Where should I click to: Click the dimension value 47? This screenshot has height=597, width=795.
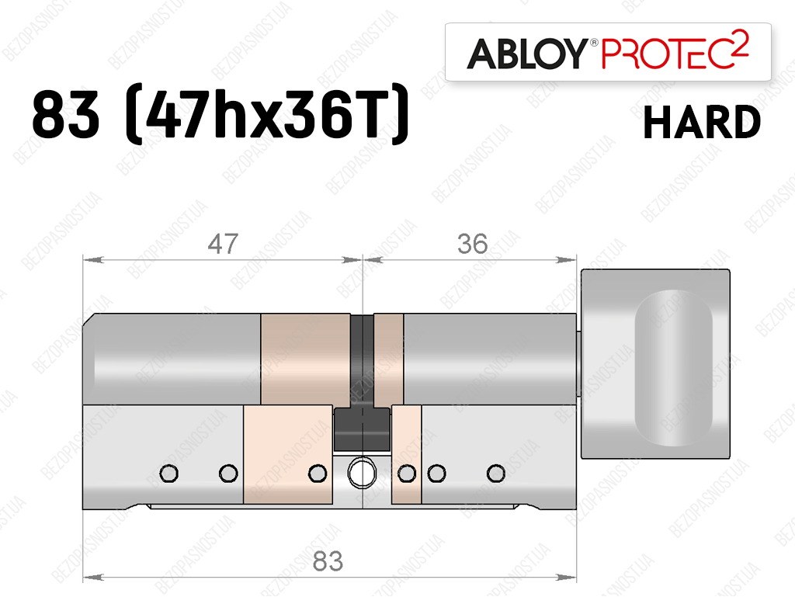[223, 244]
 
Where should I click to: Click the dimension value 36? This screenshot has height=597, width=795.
[473, 244]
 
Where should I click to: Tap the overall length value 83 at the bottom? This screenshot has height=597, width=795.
[328, 561]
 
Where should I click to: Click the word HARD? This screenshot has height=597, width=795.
[702, 123]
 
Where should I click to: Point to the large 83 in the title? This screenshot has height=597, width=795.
[65, 116]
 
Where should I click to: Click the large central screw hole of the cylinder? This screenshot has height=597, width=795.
[362, 472]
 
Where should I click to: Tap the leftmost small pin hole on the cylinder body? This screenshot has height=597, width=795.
[168, 474]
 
